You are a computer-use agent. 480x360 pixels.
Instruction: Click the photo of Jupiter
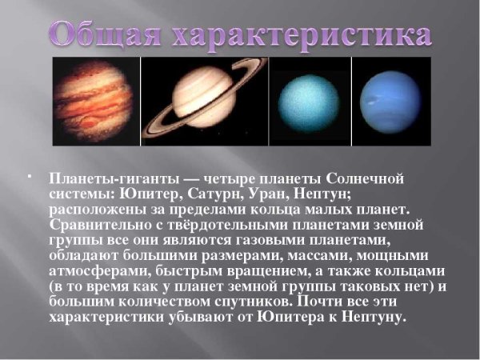point(96,102)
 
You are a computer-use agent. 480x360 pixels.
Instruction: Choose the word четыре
point(242,178)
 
